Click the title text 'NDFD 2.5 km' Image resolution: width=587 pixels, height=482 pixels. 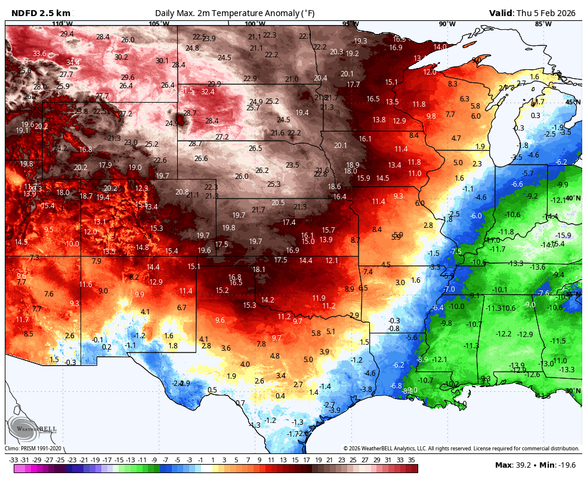pyautogui.click(x=41, y=13)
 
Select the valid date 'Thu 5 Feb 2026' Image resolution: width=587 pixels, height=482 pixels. pyautogui.click(x=547, y=13)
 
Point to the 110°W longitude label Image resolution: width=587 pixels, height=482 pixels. pyautogui.click(x=62, y=24)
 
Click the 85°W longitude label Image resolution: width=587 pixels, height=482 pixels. pyautogui.click(x=542, y=24)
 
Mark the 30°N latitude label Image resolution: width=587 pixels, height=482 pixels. pyautogui.click(x=573, y=391)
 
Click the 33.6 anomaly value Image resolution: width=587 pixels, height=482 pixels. pyautogui.click(x=39, y=54)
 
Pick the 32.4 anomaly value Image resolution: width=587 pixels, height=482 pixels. pyautogui.click(x=208, y=91)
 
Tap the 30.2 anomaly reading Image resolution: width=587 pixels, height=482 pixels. pyautogui.click(x=121, y=57)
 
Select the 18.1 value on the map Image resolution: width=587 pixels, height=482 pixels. pyautogui.click(x=259, y=270)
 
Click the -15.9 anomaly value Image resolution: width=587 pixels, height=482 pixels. pyautogui.click(x=563, y=235)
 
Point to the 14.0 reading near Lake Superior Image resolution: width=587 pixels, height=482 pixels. pyautogui.click(x=440, y=47)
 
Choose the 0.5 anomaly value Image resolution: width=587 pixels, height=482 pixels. pyautogui.click(x=212, y=390)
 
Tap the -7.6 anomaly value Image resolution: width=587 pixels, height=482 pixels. pyautogui.click(x=542, y=293)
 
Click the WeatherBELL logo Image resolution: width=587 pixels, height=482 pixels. pyautogui.click(x=33, y=428)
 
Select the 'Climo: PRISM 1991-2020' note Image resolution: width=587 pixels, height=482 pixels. pyautogui.click(x=33, y=449)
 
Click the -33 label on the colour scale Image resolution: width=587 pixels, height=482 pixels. pyautogui.click(x=14, y=460)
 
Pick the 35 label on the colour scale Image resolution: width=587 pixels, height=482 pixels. pyautogui.click(x=411, y=460)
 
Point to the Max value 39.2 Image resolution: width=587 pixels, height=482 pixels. pyautogui.click(x=529, y=465)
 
